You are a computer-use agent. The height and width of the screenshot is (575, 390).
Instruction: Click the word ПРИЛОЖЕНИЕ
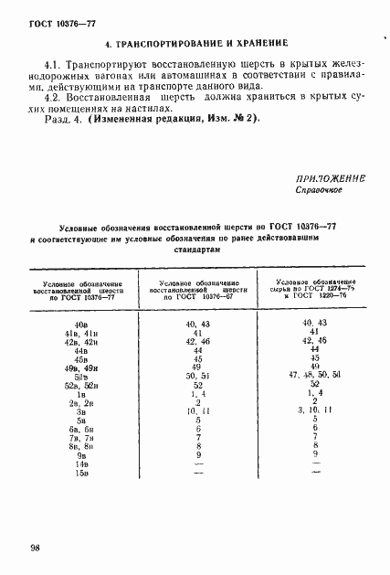pos(330,178)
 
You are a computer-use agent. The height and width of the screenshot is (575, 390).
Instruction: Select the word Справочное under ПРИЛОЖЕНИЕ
pos(318,191)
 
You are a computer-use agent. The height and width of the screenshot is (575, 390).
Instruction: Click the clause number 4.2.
pos(52,93)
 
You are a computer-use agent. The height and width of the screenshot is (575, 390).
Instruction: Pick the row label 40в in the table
pos(80,325)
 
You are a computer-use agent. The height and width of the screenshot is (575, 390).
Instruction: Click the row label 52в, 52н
pos(80,386)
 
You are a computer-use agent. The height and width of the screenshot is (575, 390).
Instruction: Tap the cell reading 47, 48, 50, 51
pos(313,376)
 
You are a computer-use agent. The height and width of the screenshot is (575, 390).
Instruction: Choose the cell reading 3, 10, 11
pos(313,410)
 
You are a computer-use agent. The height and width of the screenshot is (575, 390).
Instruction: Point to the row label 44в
pos(80,350)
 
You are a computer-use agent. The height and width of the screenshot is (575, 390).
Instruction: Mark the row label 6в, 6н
pos(80,429)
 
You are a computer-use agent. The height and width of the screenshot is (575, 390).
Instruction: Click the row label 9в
pos(80,454)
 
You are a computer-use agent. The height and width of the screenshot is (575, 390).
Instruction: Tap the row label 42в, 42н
pos(80,342)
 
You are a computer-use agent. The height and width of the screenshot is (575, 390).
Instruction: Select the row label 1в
pos(80,394)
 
